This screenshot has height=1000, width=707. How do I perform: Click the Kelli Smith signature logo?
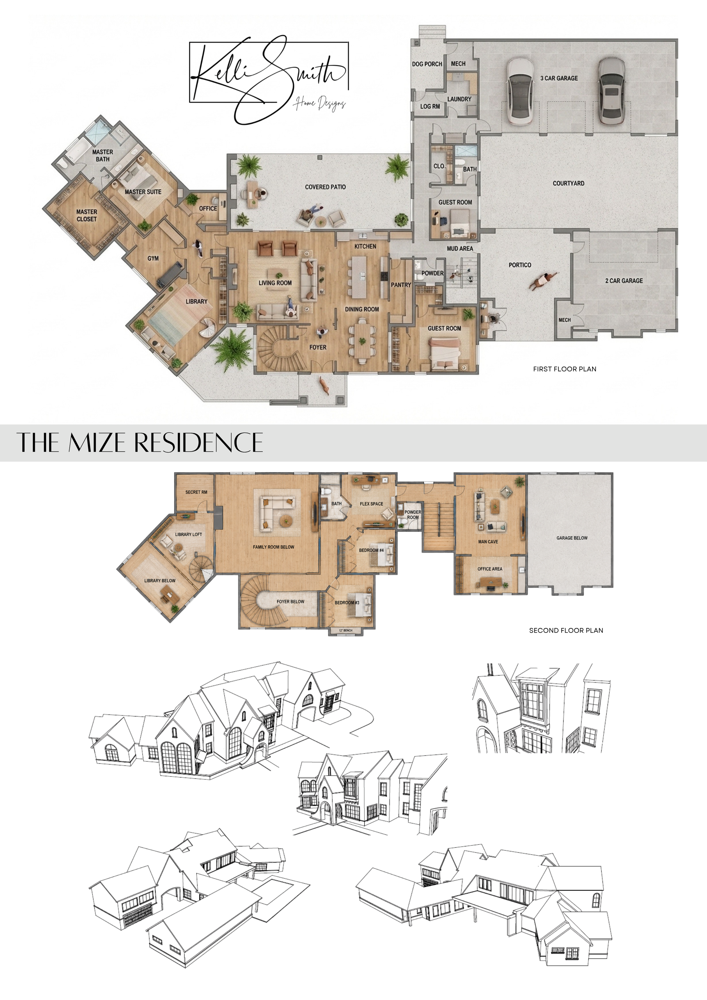point(269,79)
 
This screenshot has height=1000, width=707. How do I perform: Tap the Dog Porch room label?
point(427,64)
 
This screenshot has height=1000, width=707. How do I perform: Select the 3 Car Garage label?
point(559,78)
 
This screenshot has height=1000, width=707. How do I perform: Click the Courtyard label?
point(568,184)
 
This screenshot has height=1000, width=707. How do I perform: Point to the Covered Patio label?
point(325,187)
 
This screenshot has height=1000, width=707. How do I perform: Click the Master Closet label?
point(87,215)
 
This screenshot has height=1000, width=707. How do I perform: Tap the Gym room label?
point(153,258)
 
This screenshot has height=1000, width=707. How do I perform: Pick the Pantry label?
point(401,285)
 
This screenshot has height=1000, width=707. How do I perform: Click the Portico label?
point(520,265)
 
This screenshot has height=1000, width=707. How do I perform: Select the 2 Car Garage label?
point(624,281)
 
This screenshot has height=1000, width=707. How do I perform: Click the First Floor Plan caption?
point(564,369)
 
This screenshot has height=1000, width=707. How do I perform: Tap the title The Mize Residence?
point(140,443)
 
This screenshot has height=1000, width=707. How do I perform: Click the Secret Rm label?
point(196,492)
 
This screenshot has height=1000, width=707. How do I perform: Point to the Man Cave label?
point(488,542)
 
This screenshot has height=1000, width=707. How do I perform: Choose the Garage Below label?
point(572,538)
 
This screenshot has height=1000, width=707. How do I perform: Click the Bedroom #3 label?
point(347,603)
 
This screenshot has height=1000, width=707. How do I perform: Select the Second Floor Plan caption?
point(566,630)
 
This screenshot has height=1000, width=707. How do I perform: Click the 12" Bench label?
point(345,630)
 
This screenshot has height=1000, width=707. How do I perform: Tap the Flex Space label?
point(371,504)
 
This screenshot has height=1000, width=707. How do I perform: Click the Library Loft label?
point(189,534)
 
